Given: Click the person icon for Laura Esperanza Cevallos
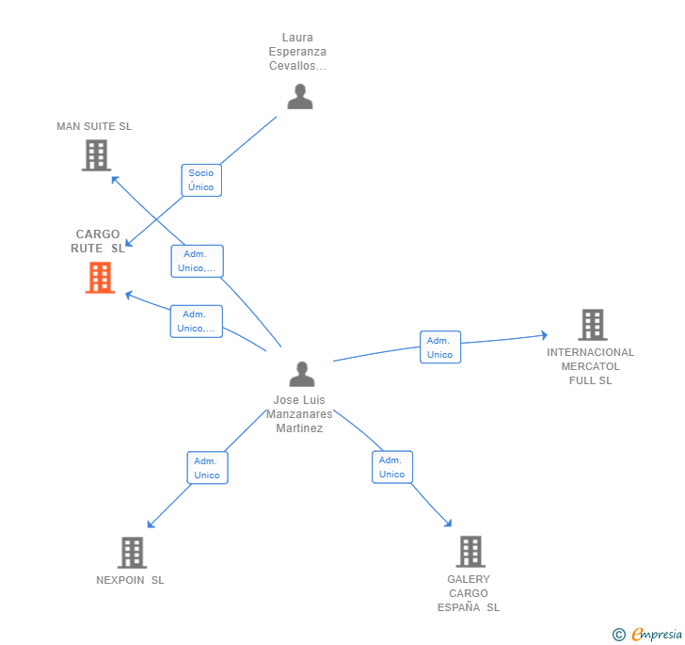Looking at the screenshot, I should (299, 97).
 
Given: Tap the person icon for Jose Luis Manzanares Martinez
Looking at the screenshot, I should (301, 374).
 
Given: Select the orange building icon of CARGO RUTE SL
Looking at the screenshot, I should (100, 278).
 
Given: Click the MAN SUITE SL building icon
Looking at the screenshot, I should (96, 155).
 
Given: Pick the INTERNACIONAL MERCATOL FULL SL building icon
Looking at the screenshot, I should (592, 325).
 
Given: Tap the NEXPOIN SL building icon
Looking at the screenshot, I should (133, 553).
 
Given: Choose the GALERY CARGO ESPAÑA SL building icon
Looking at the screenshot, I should (470, 552).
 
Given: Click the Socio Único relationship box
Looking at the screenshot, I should (201, 180).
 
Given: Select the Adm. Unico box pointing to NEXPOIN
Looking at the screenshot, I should (207, 468).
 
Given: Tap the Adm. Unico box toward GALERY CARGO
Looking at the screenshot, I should (392, 467).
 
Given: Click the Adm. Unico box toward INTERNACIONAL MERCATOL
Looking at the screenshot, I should (439, 347).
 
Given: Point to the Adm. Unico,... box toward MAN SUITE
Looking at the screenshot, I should (197, 261).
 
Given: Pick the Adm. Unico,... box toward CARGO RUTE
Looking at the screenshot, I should (197, 321).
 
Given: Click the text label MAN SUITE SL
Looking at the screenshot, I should (94, 126).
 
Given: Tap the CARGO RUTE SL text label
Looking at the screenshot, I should (98, 241).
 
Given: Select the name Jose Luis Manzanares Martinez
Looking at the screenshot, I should (299, 414).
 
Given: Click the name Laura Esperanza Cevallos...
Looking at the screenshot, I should (297, 52).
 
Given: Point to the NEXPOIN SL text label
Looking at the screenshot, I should (130, 580).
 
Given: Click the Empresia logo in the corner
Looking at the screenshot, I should (648, 635).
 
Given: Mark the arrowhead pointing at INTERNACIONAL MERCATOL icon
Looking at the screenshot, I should (543, 335).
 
